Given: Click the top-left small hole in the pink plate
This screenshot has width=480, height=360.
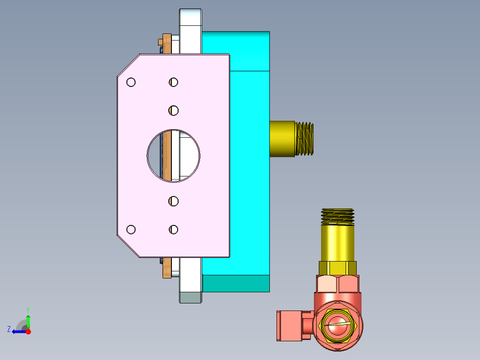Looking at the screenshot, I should [131, 82].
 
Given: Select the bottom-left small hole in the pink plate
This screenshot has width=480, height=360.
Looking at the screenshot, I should [131, 229].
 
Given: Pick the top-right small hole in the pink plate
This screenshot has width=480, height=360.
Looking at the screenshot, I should [173, 82].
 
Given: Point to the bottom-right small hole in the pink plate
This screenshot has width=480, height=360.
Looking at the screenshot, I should [173, 229].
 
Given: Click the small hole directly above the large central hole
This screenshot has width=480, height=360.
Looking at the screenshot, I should [173, 110].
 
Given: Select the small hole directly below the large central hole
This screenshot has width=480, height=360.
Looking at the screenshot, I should [173, 201].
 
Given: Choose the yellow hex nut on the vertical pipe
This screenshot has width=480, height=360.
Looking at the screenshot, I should [338, 268].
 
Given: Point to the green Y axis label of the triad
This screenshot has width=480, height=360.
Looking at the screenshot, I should [28, 309].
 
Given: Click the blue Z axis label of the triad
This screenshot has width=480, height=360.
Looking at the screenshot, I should [9, 329].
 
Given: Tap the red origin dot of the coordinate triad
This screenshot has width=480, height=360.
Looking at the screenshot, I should [28, 331].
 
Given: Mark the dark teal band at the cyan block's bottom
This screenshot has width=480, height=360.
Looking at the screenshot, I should [236, 283].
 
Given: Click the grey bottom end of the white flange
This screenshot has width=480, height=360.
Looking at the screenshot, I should [191, 297].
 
